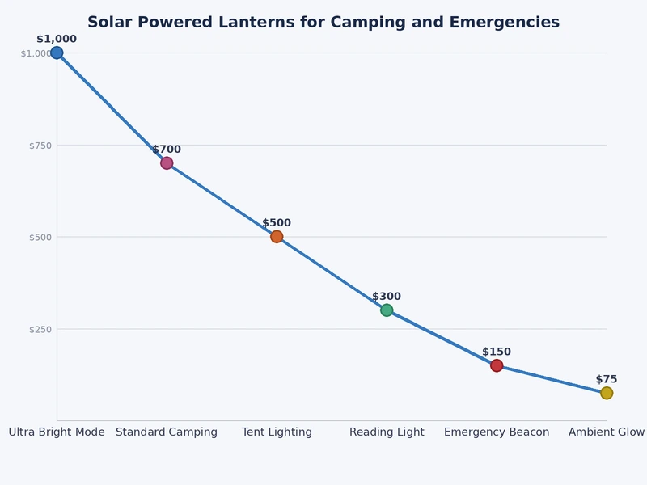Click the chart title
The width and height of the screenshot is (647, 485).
[323, 23]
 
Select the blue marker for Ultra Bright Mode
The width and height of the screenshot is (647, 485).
[57, 53]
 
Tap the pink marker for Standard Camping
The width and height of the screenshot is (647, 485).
[167, 162]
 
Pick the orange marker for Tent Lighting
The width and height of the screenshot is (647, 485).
[277, 237]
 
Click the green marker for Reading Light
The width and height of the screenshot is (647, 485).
[387, 310]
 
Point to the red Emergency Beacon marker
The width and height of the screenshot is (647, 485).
[497, 365]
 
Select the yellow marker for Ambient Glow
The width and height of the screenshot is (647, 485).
[607, 393]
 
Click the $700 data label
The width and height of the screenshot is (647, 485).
[167, 150]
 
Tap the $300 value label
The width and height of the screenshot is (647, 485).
[387, 297]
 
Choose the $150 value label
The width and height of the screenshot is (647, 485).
[497, 352]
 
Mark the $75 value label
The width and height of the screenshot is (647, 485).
[607, 379]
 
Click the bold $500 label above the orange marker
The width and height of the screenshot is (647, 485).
[277, 223]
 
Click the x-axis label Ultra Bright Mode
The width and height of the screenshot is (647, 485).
[57, 432]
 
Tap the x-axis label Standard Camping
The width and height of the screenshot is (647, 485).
[167, 432]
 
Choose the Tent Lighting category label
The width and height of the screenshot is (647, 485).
[277, 432]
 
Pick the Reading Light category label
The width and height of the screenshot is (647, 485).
[387, 432]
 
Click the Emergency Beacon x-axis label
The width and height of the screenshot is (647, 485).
[497, 432]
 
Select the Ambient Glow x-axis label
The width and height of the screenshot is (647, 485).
[607, 432]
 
